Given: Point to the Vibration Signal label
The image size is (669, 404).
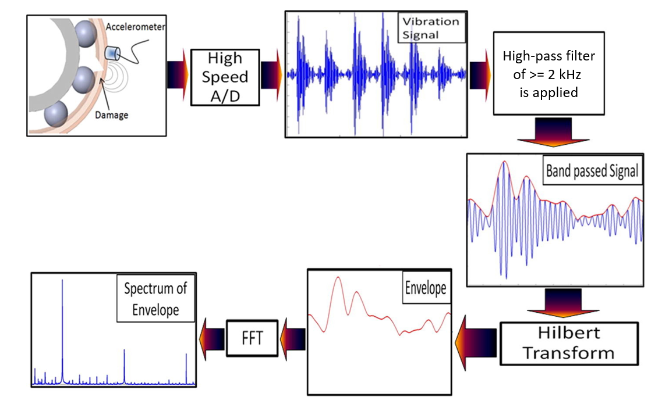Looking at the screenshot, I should [x=431, y=28].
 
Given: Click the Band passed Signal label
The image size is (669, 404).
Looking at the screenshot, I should [x=592, y=171].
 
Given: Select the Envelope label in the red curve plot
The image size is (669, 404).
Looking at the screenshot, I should [x=425, y=288].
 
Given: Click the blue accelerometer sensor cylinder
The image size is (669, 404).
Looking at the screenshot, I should [x=111, y=53].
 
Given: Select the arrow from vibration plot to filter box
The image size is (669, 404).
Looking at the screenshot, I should [x=479, y=73].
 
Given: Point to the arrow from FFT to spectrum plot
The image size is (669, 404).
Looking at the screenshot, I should [x=211, y=337].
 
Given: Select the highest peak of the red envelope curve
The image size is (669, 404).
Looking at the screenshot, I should [x=337, y=277].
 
